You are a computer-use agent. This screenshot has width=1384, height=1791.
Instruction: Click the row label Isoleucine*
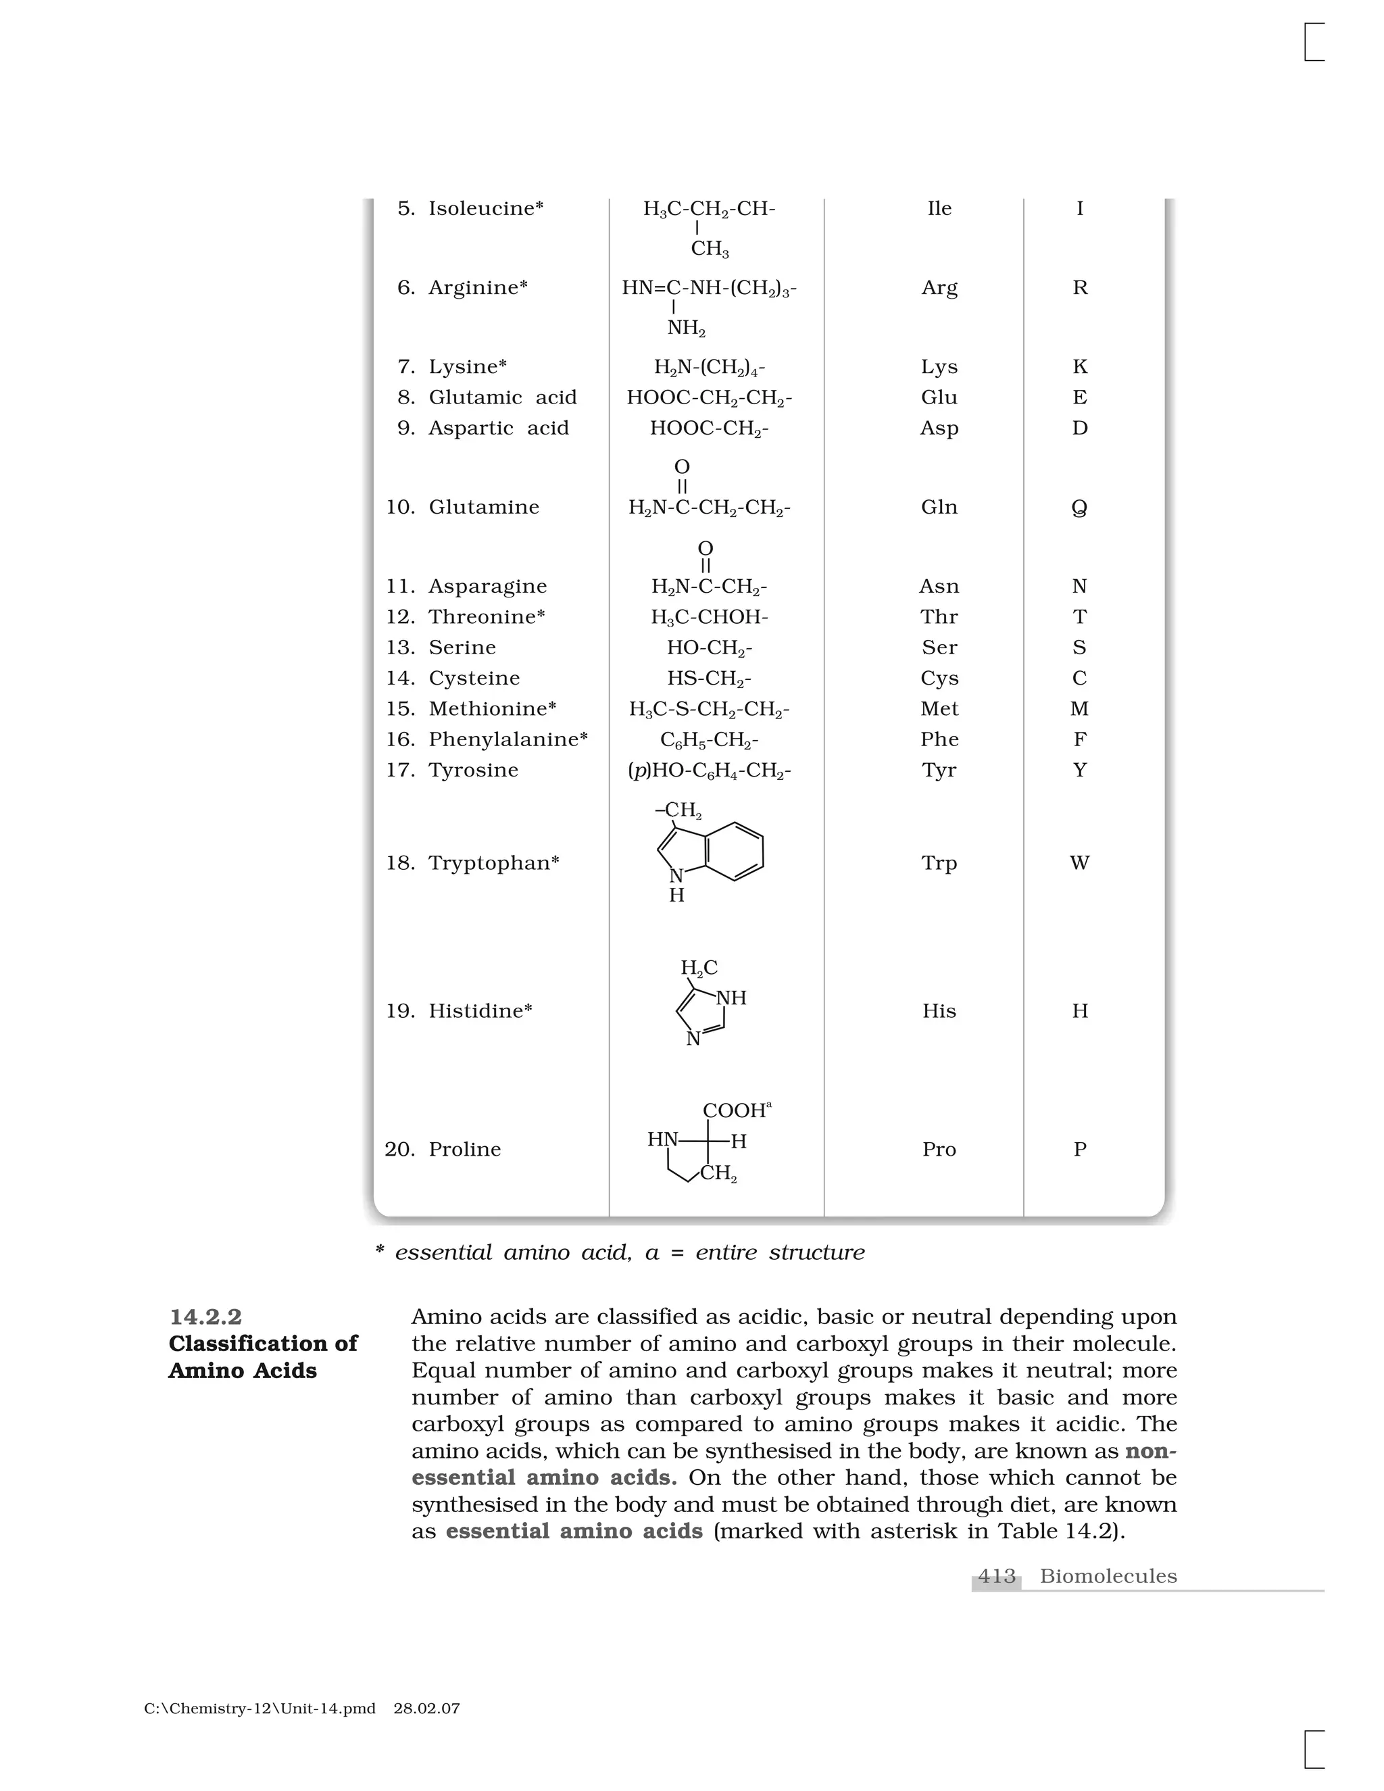[x=485, y=208]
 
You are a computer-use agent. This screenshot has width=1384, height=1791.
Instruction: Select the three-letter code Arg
[x=939, y=288]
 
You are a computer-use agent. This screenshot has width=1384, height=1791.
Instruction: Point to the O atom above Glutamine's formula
[x=681, y=466]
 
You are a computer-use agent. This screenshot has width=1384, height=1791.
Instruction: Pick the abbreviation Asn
[x=939, y=587]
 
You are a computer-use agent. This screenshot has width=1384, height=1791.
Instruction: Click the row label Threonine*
[x=486, y=616]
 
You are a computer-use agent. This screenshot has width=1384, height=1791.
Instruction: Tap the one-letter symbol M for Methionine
[x=1079, y=708]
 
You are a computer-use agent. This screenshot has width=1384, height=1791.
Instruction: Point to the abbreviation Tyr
[x=939, y=770]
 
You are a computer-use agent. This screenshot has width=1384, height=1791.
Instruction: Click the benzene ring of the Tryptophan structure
[x=735, y=851]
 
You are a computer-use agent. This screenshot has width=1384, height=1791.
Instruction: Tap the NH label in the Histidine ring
[x=731, y=998]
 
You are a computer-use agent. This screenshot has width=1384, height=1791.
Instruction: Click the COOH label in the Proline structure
[x=734, y=1110]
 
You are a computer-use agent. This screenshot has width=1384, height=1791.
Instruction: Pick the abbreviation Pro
[x=939, y=1149]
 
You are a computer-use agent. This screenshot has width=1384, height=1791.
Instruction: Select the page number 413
[x=996, y=1576]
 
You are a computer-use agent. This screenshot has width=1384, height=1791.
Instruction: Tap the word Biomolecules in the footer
[x=1108, y=1576]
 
